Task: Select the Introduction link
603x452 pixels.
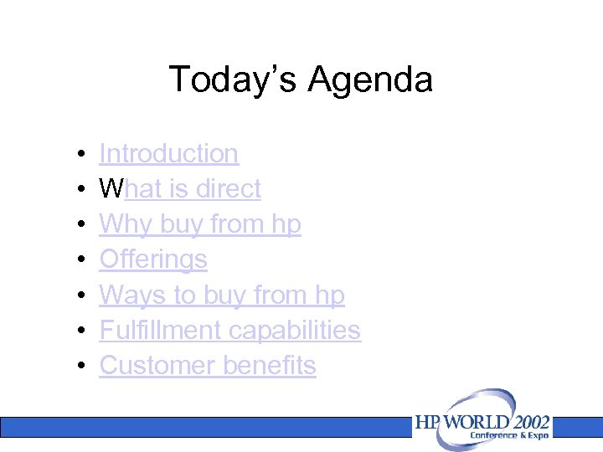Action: click(x=168, y=154)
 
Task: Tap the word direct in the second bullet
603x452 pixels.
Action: click(x=228, y=189)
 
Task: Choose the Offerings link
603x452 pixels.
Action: click(x=152, y=259)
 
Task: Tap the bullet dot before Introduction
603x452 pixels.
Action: click(x=77, y=155)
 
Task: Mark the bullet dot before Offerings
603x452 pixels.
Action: click(x=77, y=260)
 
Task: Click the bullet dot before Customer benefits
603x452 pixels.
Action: click(x=77, y=367)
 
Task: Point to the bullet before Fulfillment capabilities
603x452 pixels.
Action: click(x=77, y=331)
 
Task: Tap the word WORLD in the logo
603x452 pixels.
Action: click(x=475, y=422)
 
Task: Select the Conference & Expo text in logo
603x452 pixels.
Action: click(x=508, y=435)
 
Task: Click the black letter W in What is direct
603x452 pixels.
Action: click(x=111, y=189)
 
